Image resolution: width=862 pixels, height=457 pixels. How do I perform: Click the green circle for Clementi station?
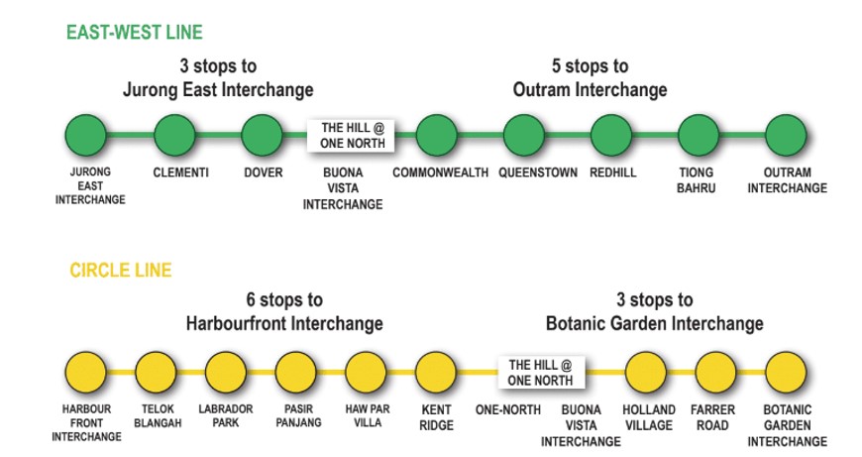[175, 135]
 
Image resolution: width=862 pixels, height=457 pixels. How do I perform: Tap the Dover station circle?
[263, 135]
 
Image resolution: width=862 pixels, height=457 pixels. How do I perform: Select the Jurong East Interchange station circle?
[87, 135]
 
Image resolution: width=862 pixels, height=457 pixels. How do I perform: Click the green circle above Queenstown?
[524, 135]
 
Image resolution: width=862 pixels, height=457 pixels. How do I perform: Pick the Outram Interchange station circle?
[787, 135]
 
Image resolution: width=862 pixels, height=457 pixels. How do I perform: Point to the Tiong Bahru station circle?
[700, 135]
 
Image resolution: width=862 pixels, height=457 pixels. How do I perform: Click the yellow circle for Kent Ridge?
[436, 372]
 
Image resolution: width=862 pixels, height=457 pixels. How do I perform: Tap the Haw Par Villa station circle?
[366, 372]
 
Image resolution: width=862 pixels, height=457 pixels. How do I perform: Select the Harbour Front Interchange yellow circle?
[86, 372]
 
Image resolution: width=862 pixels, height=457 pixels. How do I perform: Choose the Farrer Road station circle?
[716, 372]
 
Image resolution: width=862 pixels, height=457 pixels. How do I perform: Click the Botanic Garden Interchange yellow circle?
[787, 372]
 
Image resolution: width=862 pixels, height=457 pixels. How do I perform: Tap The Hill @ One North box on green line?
[352, 136]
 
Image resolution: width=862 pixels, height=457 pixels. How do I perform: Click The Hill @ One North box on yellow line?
[541, 373]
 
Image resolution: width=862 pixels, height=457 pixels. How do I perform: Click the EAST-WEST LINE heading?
[134, 33]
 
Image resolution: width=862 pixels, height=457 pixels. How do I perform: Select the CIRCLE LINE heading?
[120, 270]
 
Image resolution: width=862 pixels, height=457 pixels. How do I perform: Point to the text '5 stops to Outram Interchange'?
[591, 78]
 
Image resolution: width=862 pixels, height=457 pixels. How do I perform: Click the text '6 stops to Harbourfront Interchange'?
[284, 311]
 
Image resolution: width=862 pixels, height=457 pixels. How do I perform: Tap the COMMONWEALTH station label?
[440, 172]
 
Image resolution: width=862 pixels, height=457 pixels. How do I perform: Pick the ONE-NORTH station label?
[506, 409]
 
